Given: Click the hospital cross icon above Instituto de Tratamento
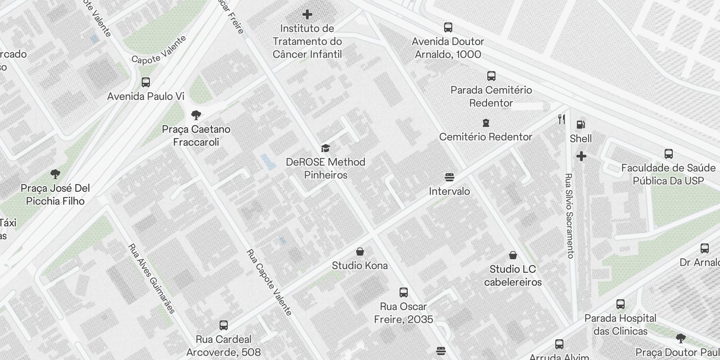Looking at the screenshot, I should pyautogui.click(x=307, y=15).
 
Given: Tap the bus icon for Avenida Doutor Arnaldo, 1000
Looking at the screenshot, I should pyautogui.click(x=448, y=27).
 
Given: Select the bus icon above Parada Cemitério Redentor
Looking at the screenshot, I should pyautogui.click(x=491, y=76).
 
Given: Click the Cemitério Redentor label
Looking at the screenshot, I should pyautogui.click(x=486, y=137).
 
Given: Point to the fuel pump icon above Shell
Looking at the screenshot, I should pyautogui.click(x=581, y=125).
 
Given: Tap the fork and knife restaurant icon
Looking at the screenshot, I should pyautogui.click(x=561, y=119).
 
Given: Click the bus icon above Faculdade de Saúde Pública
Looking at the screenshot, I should pyautogui.click(x=669, y=154).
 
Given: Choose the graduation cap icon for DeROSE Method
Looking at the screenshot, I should pyautogui.click(x=325, y=148).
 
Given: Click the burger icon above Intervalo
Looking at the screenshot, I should pyautogui.click(x=449, y=177).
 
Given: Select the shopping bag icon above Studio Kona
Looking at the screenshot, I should pyautogui.click(x=360, y=252).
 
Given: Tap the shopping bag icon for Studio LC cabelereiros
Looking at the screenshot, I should pyautogui.click(x=513, y=256).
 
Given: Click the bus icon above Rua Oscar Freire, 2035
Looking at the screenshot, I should pyautogui.click(x=404, y=292).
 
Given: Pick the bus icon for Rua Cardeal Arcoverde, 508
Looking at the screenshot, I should pyautogui.click(x=224, y=325).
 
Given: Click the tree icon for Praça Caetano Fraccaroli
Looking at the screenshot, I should pyautogui.click(x=196, y=115).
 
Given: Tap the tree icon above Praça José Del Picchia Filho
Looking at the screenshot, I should pyautogui.click(x=55, y=174).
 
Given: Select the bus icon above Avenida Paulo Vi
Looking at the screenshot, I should pyautogui.click(x=146, y=82).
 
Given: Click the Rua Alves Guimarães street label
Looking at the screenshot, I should pyautogui.click(x=152, y=279).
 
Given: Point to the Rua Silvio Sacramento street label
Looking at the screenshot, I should pyautogui.click(x=569, y=216).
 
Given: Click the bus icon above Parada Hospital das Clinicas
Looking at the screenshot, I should pyautogui.click(x=621, y=304).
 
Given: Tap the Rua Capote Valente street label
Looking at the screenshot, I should pyautogui.click(x=269, y=282).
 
